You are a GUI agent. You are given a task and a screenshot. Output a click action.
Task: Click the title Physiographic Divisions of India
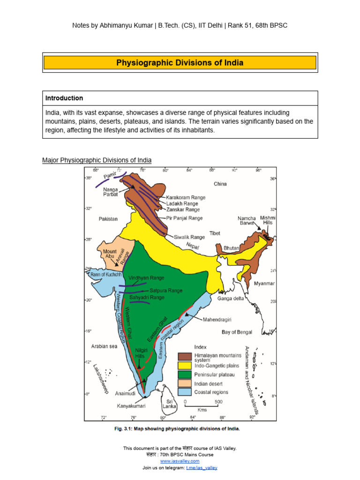[180, 63]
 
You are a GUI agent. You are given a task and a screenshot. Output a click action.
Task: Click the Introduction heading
[64, 98]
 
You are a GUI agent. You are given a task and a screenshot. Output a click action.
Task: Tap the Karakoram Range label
[185, 198]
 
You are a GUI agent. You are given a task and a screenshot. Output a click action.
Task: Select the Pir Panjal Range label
[184, 218]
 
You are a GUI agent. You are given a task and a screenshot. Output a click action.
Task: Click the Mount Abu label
[109, 254]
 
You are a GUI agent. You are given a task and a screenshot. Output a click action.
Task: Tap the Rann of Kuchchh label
[106, 274]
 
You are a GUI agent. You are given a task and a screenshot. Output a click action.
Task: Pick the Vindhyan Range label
[146, 278]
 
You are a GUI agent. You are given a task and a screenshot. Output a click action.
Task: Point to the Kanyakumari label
[131, 406]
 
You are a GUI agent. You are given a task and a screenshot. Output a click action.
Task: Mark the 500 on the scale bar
[218, 402]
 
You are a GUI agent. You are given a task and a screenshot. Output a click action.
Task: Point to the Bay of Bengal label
[237, 332]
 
